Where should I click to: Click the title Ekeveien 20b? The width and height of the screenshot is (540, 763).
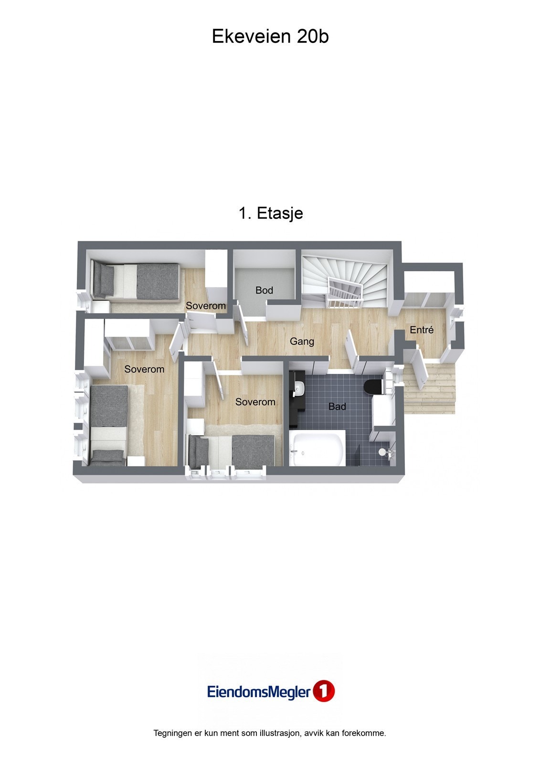pyautogui.click(x=270, y=37)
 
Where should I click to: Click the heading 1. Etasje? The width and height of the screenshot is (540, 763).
pyautogui.click(x=271, y=213)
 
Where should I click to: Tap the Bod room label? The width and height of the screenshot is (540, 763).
pyautogui.click(x=264, y=290)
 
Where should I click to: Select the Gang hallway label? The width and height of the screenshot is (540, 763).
pyautogui.click(x=302, y=341)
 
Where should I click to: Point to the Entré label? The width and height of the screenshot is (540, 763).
pyautogui.click(x=422, y=330)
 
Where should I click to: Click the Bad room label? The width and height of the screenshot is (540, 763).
pyautogui.click(x=337, y=407)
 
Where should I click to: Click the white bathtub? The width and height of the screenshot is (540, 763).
pyautogui.click(x=318, y=449)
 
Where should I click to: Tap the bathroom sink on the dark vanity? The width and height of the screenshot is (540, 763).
pyautogui.click(x=299, y=389)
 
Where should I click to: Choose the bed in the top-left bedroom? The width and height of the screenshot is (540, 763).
pyautogui.click(x=136, y=281)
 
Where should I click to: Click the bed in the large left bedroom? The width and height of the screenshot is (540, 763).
pyautogui.click(x=109, y=424)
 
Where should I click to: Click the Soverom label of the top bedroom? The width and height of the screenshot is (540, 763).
pyautogui.click(x=206, y=306)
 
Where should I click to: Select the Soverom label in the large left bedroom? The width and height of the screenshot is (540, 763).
pyautogui.click(x=144, y=369)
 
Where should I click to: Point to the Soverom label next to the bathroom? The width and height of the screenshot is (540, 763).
pyautogui.click(x=255, y=402)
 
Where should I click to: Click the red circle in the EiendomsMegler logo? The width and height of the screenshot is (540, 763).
pyautogui.click(x=324, y=691)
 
